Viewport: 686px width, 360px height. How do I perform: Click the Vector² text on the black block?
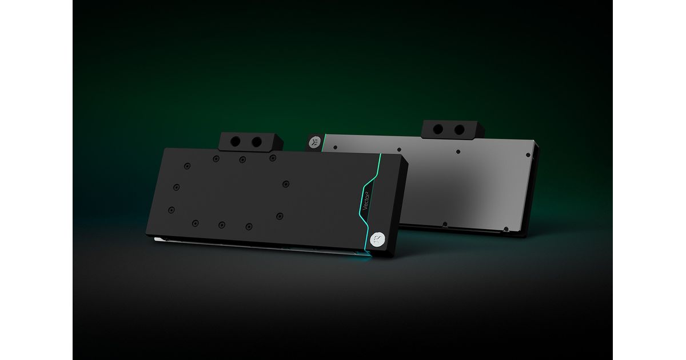click(x=366, y=201)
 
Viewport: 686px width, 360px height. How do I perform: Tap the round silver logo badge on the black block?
click(x=376, y=239)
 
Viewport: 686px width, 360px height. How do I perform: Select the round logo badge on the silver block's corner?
click(x=314, y=142)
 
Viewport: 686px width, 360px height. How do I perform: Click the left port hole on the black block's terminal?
click(x=235, y=142)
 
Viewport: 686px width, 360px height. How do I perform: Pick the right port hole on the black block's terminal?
click(x=257, y=142)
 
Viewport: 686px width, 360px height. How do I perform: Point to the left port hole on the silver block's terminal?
click(x=438, y=129)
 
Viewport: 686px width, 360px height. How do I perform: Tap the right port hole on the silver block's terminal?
click(x=460, y=130)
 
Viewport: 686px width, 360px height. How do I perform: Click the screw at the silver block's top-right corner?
click(x=528, y=155)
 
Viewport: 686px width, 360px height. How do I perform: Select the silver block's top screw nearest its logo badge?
click(x=336, y=147)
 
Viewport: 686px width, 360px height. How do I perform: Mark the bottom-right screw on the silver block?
click(x=506, y=229)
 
